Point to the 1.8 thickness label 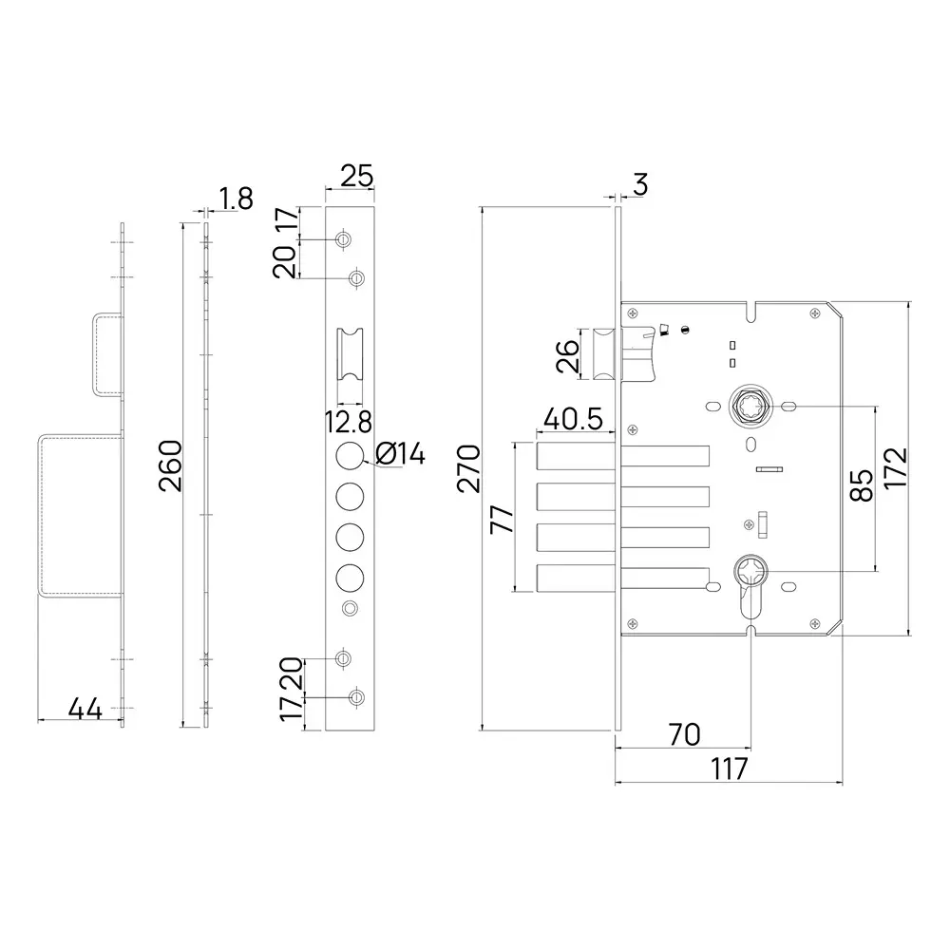coord(236,199)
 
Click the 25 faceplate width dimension coord(356,176)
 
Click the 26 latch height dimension coord(567,357)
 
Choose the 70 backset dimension coord(684,734)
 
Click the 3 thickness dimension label coord(639,184)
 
